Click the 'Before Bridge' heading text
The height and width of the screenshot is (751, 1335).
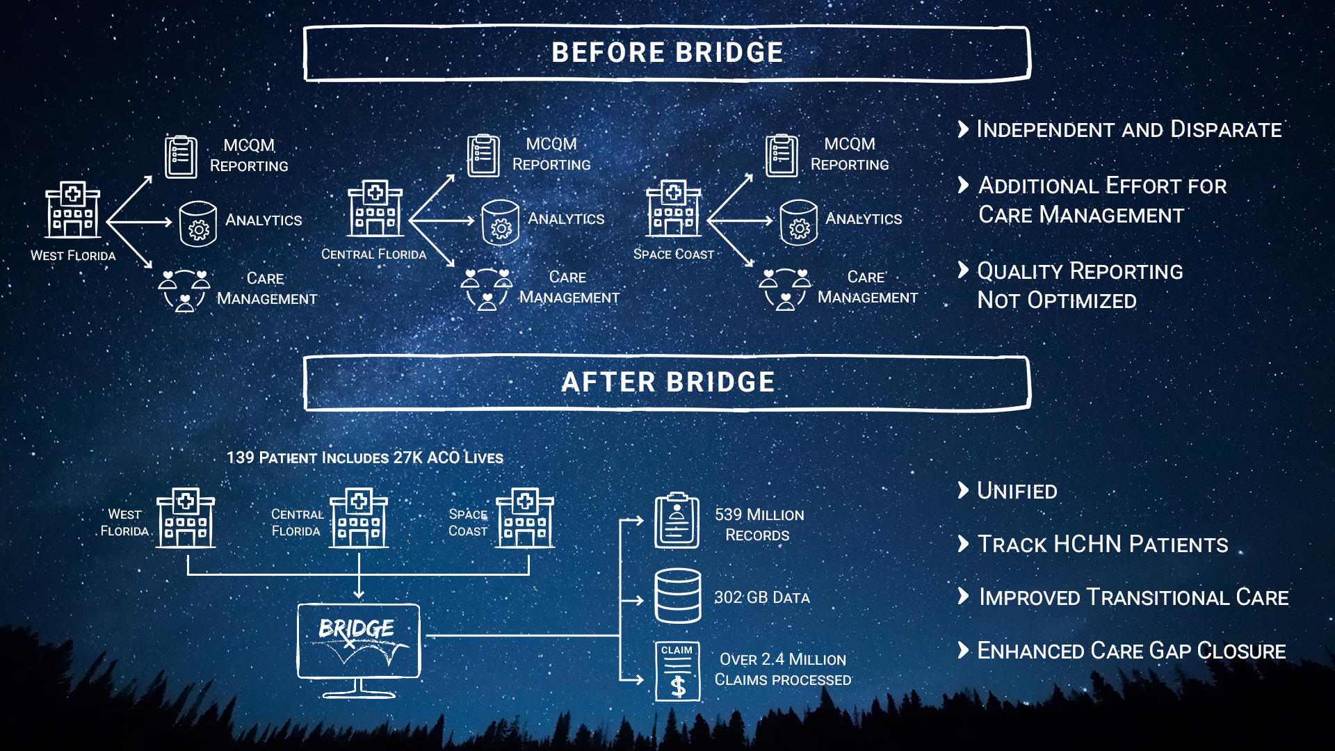667,53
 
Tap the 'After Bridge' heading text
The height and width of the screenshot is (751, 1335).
667,382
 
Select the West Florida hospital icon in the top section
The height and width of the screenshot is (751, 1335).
72,210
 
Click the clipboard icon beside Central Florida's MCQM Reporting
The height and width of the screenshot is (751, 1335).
483,155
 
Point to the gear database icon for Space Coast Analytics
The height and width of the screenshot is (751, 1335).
798,223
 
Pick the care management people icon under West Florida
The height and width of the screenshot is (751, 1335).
184,290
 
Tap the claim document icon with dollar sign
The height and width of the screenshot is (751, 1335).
677,671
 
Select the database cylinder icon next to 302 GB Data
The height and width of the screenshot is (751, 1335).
677,596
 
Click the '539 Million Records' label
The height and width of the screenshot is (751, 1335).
759,524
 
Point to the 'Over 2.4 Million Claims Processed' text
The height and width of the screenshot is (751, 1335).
783,669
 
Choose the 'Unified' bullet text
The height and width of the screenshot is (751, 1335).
1017,491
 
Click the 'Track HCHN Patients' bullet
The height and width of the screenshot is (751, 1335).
1102,544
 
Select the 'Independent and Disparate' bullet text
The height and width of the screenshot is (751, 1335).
1128,129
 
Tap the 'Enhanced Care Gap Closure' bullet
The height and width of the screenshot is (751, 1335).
1131,651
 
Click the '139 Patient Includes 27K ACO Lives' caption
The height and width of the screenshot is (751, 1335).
364,458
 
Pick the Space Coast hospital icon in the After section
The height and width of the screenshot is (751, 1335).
525,518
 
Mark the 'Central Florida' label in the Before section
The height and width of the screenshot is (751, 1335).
373,255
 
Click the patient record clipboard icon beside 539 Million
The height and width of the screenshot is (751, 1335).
677,520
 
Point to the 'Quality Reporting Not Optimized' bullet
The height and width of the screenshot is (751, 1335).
1079,285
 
